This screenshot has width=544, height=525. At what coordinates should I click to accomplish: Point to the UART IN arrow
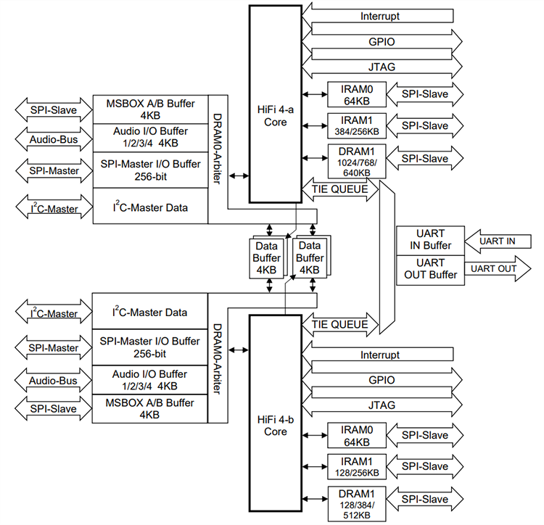pos(493,241)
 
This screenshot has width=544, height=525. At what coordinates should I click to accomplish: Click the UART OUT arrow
pos(493,268)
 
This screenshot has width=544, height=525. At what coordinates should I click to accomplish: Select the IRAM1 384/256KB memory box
pos(355,125)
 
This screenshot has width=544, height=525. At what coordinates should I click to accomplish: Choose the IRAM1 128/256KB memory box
pos(355,466)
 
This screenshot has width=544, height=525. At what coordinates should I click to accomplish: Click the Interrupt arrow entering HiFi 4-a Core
pos(380,16)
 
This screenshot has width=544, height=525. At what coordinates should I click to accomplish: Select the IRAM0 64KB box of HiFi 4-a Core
pos(355,94)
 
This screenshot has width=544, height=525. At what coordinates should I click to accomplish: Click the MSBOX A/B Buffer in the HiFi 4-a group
pos(150,109)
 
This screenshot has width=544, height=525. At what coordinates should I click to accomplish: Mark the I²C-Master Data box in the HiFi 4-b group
pos(150,313)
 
